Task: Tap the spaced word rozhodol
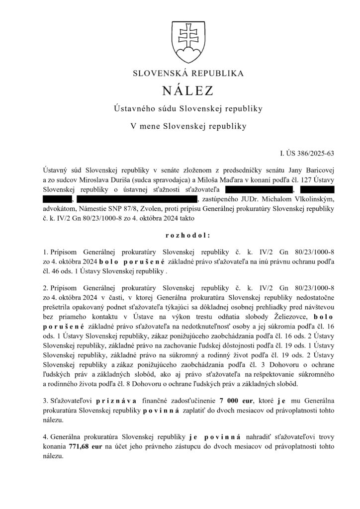180,234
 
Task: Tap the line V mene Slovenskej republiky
180,126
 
